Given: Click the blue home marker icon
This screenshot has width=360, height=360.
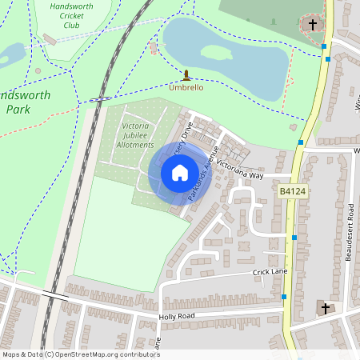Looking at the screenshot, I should (180, 173).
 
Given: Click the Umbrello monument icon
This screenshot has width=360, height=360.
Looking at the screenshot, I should (186, 75).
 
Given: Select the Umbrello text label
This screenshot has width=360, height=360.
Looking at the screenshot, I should (186, 88).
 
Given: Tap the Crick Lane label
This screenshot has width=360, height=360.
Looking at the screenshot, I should (270, 273).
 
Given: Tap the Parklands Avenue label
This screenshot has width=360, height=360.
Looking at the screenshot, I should (202, 173).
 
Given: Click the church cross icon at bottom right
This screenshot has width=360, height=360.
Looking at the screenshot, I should (325, 307).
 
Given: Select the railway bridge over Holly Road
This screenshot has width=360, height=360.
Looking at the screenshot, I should (54, 297).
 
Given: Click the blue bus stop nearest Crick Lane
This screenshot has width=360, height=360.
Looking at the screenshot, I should (284, 297).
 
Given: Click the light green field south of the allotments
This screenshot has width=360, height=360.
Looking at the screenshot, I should (120, 232).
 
